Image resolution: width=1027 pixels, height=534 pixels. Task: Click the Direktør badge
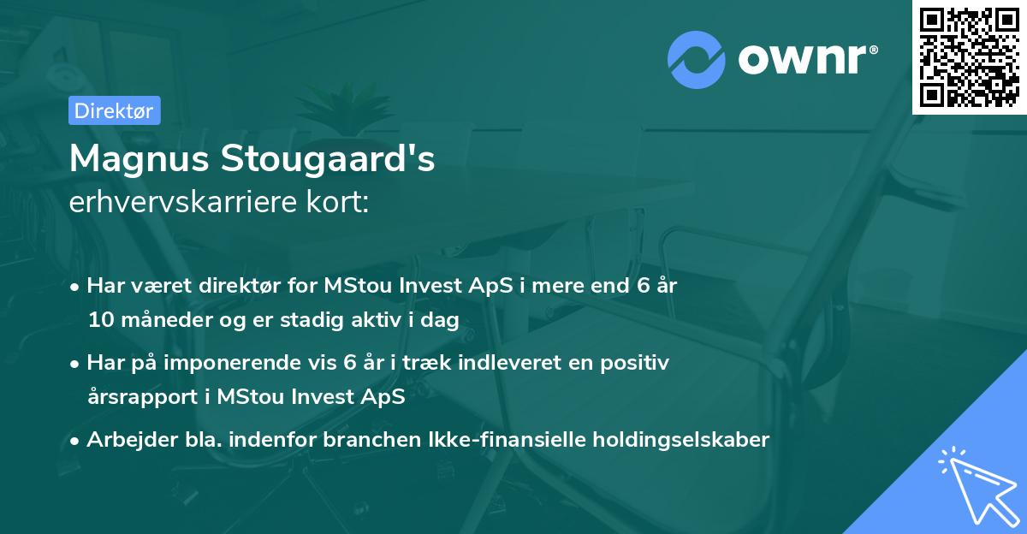click(x=114, y=110)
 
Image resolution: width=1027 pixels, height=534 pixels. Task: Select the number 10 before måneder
click(x=99, y=320)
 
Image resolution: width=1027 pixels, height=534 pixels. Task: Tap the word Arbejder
click(x=125, y=440)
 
